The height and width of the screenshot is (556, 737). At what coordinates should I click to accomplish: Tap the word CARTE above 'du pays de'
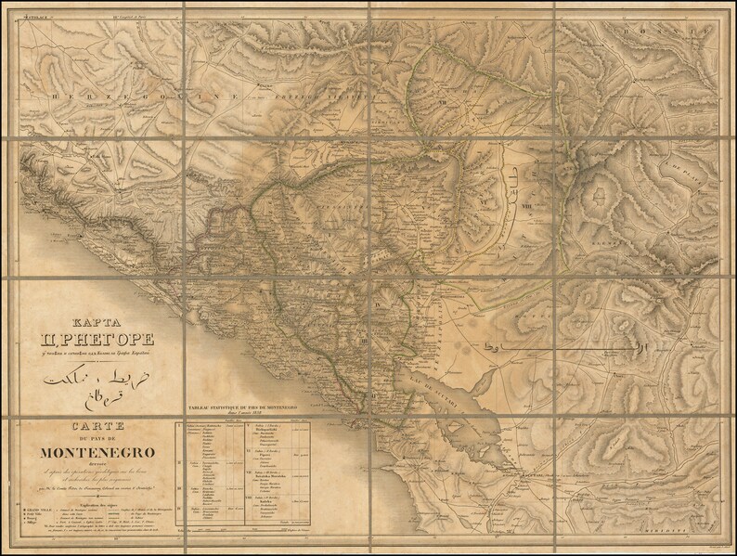tap(94, 426)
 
